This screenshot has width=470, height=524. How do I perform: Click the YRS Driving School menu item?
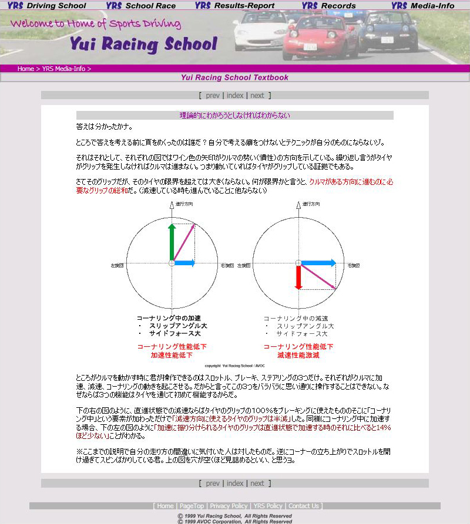click(x=47, y=6)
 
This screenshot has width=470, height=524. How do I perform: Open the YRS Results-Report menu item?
click(x=235, y=6)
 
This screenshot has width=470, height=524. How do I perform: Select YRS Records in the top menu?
click(x=329, y=6)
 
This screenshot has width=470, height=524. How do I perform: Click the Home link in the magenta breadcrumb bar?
click(x=25, y=69)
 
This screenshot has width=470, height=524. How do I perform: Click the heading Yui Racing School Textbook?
click(x=234, y=77)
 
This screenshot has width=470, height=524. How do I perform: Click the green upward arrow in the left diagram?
click(x=172, y=242)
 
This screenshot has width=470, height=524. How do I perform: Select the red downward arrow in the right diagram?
click(x=298, y=277)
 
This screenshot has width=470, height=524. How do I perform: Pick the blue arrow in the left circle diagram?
click(x=184, y=263)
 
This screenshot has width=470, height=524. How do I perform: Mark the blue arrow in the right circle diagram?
click(x=318, y=263)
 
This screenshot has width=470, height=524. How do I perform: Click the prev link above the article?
click(x=213, y=96)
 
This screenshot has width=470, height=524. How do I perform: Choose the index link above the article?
click(x=235, y=96)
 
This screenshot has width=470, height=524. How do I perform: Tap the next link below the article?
click(x=257, y=484)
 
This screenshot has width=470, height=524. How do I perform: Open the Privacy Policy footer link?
click(x=229, y=506)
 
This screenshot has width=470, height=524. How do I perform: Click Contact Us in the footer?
click(x=304, y=506)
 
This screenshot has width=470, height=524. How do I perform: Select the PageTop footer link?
click(x=192, y=506)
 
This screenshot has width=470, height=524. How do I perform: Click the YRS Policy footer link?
click(x=268, y=506)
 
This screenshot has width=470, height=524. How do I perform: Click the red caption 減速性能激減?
click(x=298, y=355)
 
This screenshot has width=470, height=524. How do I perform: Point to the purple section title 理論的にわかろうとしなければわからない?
click(x=234, y=116)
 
